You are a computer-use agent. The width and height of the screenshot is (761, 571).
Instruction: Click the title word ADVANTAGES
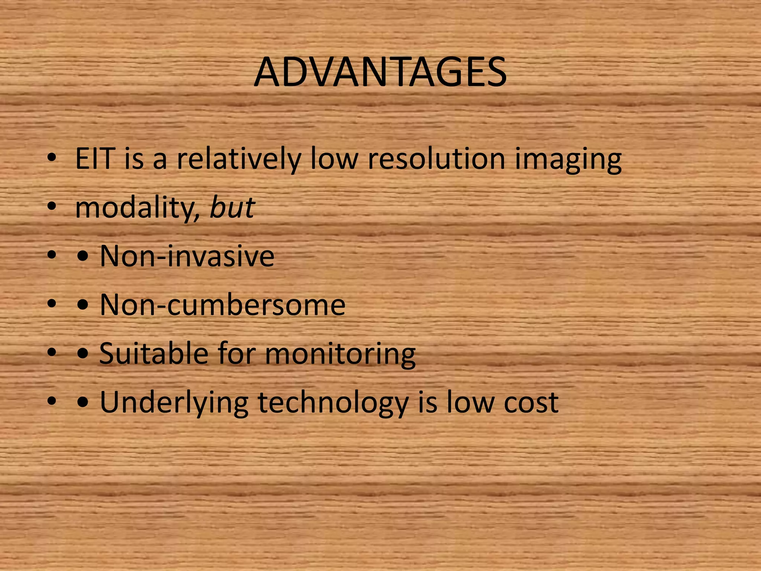380,72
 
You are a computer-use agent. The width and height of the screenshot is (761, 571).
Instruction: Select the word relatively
238,159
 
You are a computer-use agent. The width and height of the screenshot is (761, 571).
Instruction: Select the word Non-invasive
187,256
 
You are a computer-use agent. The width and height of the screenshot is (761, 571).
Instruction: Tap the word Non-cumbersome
222,305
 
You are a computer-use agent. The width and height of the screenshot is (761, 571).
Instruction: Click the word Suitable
153,353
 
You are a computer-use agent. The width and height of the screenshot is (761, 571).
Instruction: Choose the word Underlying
174,403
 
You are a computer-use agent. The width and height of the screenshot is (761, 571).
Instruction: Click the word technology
333,403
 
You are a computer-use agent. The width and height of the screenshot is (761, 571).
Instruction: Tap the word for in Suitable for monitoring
236,353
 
